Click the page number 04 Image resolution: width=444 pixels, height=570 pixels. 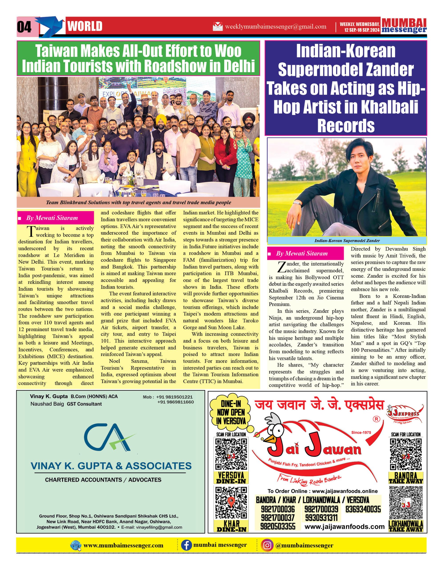[24, 27]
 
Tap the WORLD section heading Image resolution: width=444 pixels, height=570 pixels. [85, 26]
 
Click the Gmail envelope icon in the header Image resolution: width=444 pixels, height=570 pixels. [218, 27]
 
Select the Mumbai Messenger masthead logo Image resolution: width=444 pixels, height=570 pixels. [404, 26]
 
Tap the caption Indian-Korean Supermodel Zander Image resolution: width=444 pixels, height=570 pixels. [347, 241]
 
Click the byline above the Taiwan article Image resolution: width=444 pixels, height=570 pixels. [52, 218]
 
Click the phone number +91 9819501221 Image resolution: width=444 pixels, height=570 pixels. [174, 397]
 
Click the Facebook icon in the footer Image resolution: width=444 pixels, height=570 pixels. [186, 545]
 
